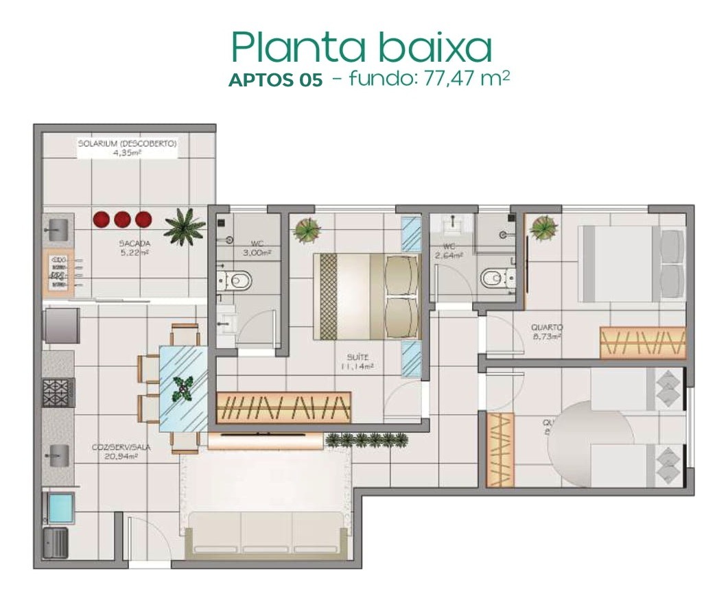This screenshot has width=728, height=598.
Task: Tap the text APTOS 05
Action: click(274, 80)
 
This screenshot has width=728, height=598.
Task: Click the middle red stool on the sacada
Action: click(123, 219)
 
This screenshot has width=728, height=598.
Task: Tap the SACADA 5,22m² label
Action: click(134, 248)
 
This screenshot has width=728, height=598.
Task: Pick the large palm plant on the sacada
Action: click(184, 226)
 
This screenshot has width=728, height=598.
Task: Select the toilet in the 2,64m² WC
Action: click(495, 278)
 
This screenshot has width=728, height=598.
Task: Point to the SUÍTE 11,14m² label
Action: click(360, 361)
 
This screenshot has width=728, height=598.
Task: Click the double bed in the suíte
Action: click(367, 296)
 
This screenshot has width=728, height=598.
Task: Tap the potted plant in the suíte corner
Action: click(306, 230)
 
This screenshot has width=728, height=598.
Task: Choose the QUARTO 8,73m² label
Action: click(547, 332)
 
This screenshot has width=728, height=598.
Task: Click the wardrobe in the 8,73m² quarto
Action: click(642, 342)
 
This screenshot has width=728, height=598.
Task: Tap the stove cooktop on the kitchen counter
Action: click(58, 393)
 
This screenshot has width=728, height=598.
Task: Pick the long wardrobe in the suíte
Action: click(283, 407)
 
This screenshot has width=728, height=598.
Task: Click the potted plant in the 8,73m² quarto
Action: click(543, 227)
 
